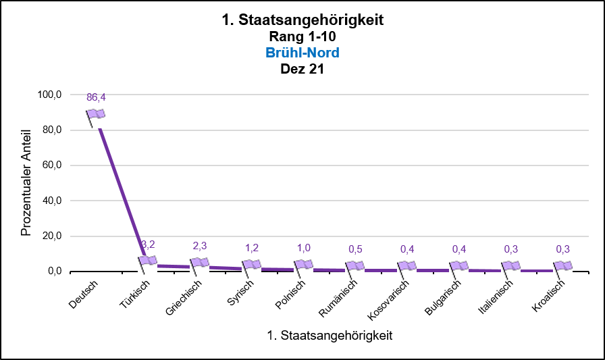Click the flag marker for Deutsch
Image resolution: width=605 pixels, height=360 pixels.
click(96, 115)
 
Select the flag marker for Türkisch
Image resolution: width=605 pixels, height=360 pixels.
click(148, 261)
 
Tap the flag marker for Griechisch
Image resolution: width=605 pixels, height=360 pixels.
click(200, 263)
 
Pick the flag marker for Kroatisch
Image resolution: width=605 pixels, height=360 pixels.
click(563, 266)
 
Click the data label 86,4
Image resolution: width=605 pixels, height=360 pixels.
click(96, 97)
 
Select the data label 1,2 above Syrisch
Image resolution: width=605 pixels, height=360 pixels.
click(251, 248)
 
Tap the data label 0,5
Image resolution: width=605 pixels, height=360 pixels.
click(355, 249)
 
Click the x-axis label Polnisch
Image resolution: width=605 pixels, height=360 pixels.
click(292, 294)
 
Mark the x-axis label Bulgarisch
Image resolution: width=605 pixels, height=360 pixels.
click(443, 297)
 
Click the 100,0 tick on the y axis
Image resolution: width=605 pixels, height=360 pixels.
click(49, 95)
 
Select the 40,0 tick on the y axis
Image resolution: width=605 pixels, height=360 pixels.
click(51, 201)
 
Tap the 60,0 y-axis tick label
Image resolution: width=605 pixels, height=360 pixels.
click(51, 165)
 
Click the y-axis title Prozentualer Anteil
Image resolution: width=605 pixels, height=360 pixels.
click(26, 183)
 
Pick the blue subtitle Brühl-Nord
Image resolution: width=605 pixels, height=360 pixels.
click(302, 53)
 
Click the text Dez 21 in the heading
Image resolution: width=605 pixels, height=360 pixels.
click(302, 69)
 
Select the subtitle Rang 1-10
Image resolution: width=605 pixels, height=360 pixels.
click(302, 36)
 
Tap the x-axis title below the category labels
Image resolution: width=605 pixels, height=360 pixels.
click(330, 334)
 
